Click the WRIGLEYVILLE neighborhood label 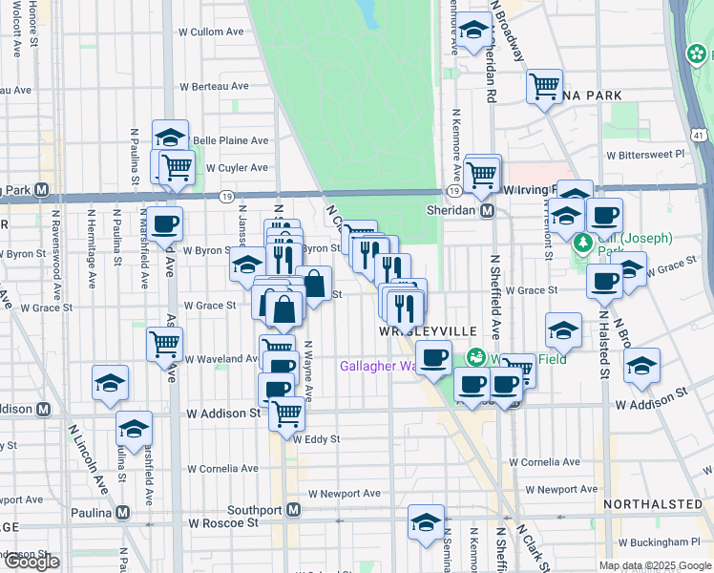pos(427,330)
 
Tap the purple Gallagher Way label pos(377,366)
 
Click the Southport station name pos(257,510)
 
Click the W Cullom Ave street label pos(211,32)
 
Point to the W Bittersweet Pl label pos(645,153)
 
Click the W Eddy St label pos(316,440)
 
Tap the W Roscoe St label pos(223,523)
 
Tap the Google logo pos(31,562)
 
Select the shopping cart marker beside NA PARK pos(544,87)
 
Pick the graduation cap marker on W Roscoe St pos(426,521)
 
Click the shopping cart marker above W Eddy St pos(286,414)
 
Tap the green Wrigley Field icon pos(475,357)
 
